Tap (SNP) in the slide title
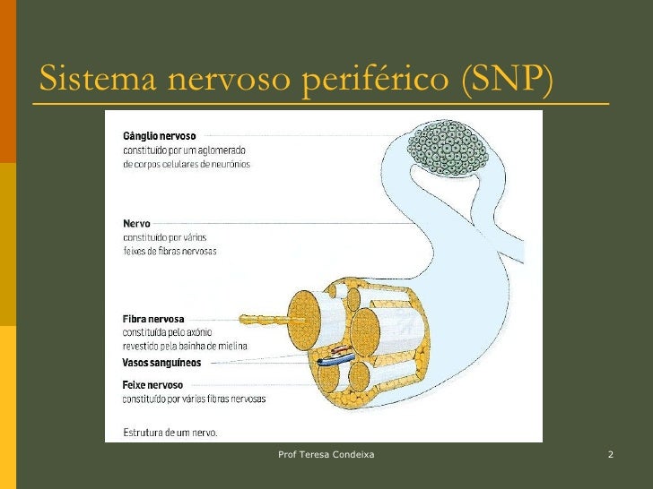pyautogui.click(x=507, y=80)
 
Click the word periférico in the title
pyautogui.click(x=377, y=81)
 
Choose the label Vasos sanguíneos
pyautogui.click(x=161, y=363)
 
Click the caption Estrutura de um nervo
pyautogui.click(x=170, y=432)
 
